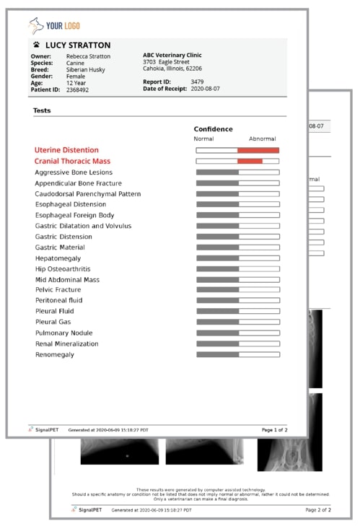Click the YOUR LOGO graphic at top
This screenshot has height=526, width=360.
(55, 27)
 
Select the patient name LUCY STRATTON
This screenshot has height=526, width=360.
(77, 45)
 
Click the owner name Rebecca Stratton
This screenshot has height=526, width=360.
(89, 56)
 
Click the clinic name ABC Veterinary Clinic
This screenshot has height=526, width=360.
(172, 56)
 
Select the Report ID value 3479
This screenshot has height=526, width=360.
(197, 82)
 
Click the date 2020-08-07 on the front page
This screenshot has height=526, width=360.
(206, 89)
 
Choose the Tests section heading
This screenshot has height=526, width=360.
(42, 110)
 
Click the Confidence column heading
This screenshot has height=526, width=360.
(213, 129)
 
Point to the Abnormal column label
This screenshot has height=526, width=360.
(262, 139)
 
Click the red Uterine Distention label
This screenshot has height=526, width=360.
(66, 150)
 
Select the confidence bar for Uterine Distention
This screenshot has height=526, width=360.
(237, 150)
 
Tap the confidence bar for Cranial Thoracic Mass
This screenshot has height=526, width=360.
(237, 161)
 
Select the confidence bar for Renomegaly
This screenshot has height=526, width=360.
(237, 354)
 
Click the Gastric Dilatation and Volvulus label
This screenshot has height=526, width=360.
(83, 226)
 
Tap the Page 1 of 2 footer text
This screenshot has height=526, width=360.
(274, 430)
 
